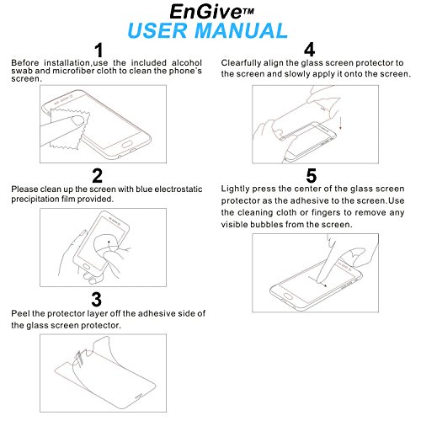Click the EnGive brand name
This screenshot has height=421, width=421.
[x=205, y=12]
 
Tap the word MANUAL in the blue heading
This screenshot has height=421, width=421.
[x=242, y=30]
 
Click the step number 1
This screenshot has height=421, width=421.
[x=99, y=51]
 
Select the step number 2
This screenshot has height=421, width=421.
[x=98, y=176]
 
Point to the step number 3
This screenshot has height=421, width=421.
[x=97, y=300]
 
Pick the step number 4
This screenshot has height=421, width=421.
[x=309, y=50]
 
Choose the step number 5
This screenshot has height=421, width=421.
[x=312, y=176]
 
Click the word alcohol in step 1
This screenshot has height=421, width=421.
[x=187, y=62]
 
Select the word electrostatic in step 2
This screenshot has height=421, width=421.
[x=179, y=189]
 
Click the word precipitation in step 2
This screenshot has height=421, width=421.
[x=35, y=200]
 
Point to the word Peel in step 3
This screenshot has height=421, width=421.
[x=20, y=313]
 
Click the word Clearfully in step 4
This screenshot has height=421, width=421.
[x=241, y=63]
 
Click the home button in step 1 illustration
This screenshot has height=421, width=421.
[x=127, y=145]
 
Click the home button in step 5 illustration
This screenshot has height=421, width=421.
[x=287, y=296]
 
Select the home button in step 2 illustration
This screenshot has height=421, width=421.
[x=86, y=267]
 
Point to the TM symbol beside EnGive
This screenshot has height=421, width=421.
[x=248, y=11]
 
